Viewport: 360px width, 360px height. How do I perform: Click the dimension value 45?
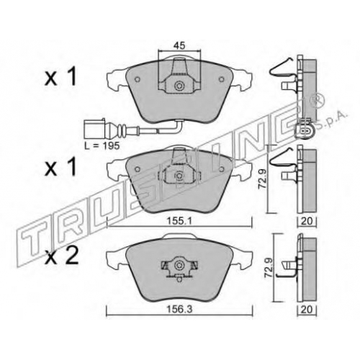[179, 45]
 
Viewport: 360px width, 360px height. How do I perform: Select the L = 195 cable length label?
[102, 145]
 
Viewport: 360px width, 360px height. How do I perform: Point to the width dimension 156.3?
[180, 310]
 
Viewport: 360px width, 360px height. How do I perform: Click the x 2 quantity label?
[62, 256]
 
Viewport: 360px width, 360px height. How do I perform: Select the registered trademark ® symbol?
[318, 99]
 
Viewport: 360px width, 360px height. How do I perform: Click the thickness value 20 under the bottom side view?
[307, 310]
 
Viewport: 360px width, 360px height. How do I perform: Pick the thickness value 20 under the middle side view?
[307, 221]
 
